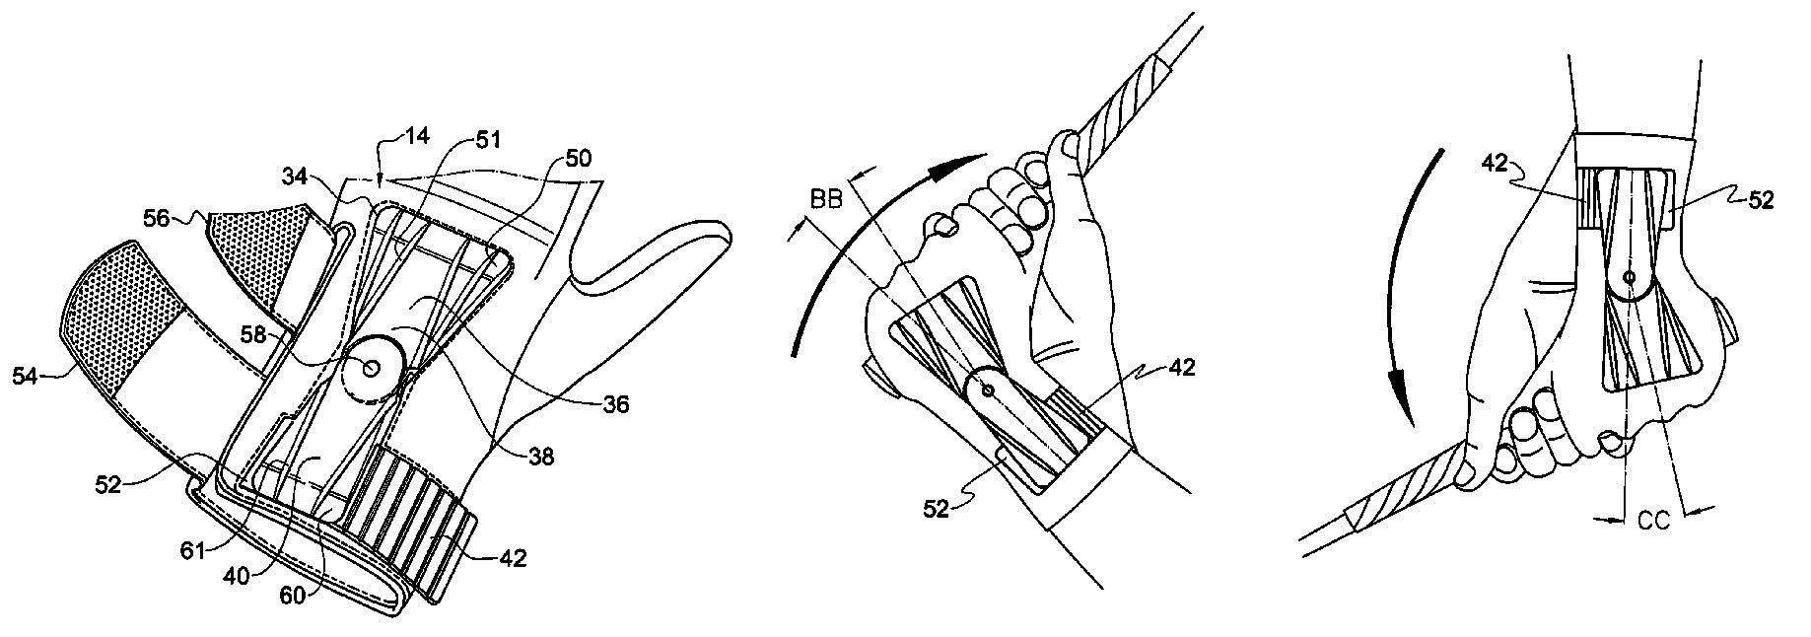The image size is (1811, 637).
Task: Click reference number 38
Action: point(540,457)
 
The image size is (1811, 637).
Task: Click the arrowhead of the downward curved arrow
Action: point(1399,404)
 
